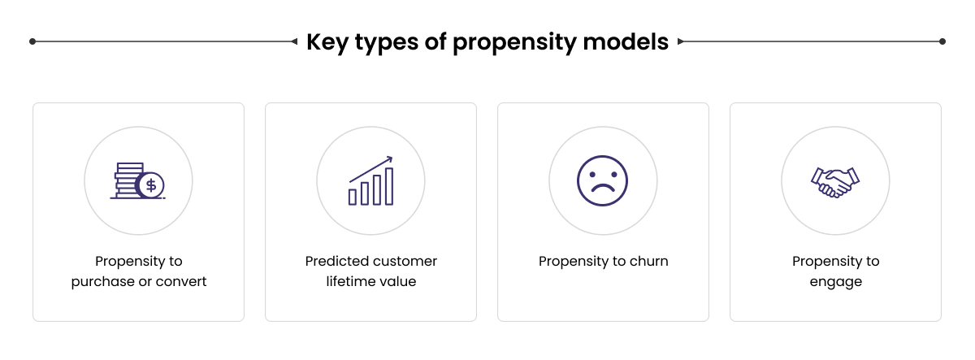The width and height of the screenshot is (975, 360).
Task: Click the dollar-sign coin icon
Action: (x=150, y=184)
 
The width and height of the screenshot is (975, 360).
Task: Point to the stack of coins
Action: (x=128, y=180)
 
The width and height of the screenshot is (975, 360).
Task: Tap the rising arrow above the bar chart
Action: (x=371, y=169)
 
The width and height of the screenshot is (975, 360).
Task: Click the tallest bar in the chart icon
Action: (x=389, y=186)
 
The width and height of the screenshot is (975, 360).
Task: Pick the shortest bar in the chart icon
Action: (x=353, y=197)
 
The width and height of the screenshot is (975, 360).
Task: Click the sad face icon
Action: (x=603, y=180)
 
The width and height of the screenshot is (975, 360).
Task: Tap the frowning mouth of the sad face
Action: (x=603, y=189)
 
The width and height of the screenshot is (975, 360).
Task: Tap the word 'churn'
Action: (x=648, y=262)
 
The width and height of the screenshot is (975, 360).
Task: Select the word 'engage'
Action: (x=835, y=282)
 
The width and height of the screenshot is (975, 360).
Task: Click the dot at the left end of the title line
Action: (x=32, y=41)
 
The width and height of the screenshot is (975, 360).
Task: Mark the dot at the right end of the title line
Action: (x=942, y=41)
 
